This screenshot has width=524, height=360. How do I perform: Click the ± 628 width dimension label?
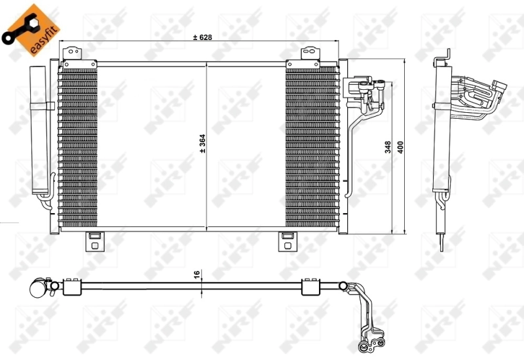pos(203,37)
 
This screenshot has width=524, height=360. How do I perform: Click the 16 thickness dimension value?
pos(196,276)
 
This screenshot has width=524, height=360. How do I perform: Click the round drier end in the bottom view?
pos(40,287)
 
